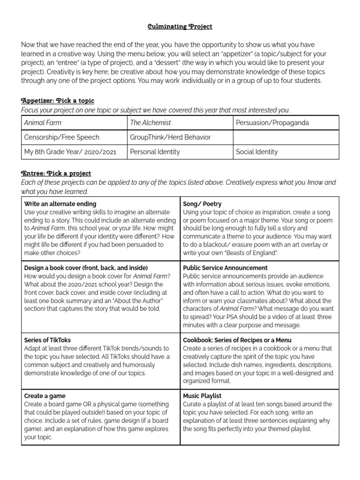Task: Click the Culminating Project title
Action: click(180, 27)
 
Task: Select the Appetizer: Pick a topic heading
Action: click(58, 101)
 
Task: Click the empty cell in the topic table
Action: click(285, 137)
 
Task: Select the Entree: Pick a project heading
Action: click(56, 173)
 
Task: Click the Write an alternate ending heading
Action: click(60, 204)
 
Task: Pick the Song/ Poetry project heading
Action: click(202, 204)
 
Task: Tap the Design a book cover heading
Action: click(86, 268)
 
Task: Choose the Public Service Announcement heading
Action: click(225, 268)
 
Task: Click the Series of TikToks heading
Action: click(47, 340)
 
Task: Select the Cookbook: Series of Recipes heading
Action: click(237, 340)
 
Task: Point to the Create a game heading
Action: click(45, 396)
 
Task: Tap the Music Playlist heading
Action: click(202, 396)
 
